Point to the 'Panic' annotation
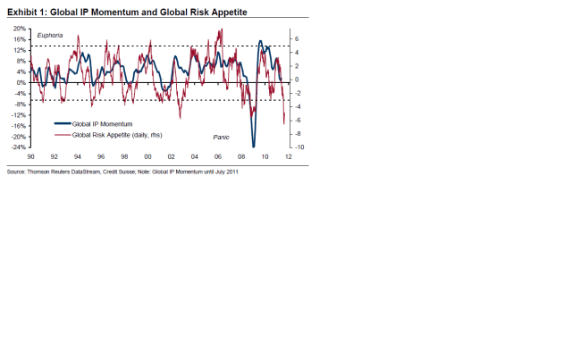[221, 136]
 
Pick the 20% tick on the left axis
[20, 29]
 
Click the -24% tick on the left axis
[18, 147]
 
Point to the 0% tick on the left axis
[21, 83]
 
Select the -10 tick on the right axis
[299, 147]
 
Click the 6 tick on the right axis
[297, 39]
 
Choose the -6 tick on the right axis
[298, 120]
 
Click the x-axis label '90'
[31, 156]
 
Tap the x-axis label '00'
[160, 156]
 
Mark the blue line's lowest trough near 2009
[254, 146]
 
